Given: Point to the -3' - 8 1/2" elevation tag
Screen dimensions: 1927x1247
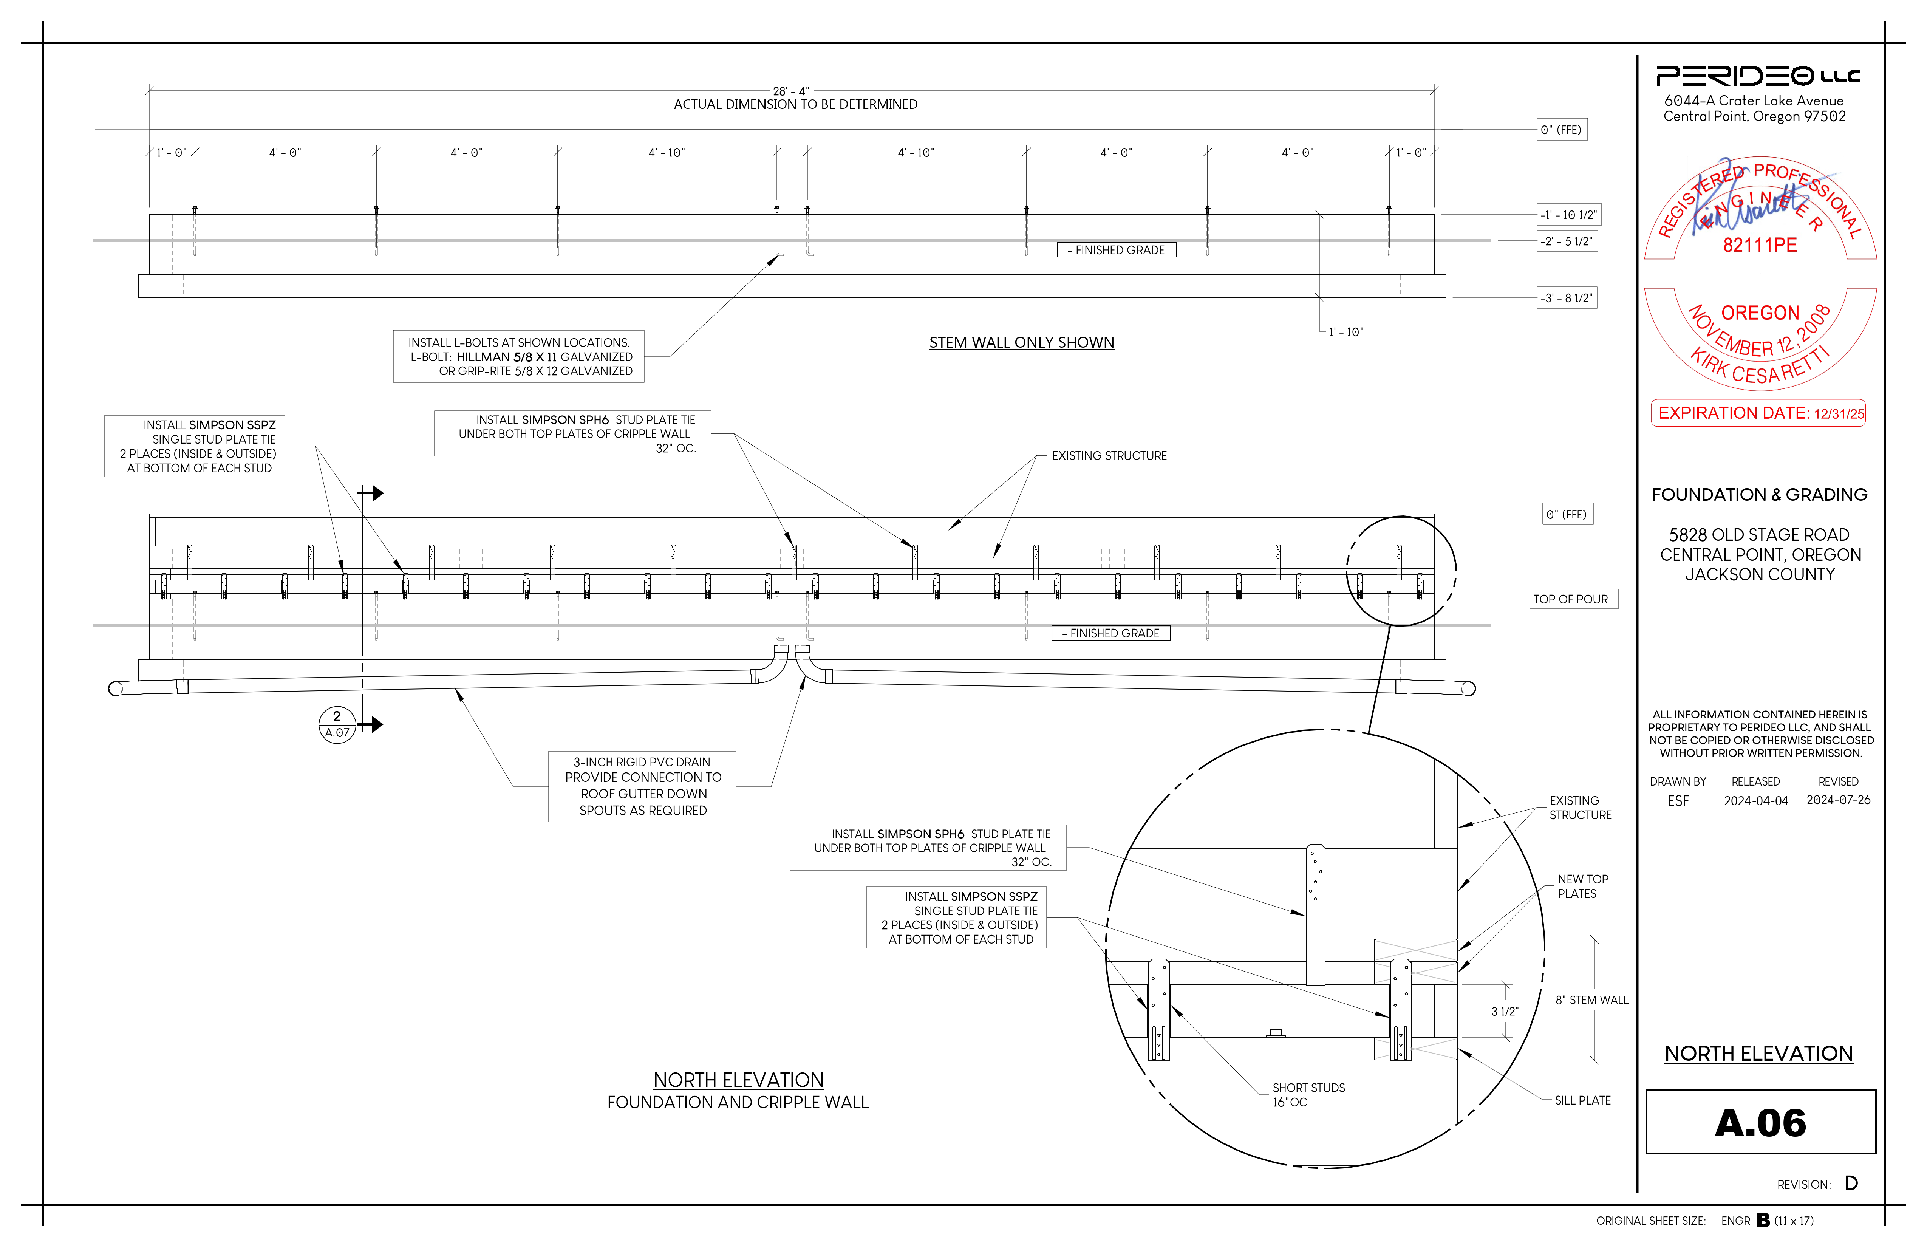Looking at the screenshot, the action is (1568, 298).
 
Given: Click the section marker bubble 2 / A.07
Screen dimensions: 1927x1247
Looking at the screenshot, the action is (337, 724).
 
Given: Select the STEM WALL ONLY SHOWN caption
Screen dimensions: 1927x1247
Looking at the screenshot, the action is (1022, 342).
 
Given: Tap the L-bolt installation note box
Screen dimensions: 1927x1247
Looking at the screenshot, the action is (518, 356).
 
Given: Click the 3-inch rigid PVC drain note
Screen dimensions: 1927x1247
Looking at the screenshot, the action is (642, 786).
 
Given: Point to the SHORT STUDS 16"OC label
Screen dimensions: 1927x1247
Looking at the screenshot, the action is (1308, 1095).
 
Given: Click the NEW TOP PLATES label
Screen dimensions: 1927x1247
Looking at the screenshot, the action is (1583, 887).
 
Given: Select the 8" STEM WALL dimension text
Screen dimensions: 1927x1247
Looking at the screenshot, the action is (1591, 1000).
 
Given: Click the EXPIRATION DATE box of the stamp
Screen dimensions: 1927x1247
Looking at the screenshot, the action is (1758, 413).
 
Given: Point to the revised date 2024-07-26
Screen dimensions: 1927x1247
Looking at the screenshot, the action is (1838, 800).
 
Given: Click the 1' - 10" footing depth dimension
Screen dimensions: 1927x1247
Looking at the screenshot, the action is (1345, 332).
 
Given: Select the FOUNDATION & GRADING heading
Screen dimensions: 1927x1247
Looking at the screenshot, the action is (1759, 495).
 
